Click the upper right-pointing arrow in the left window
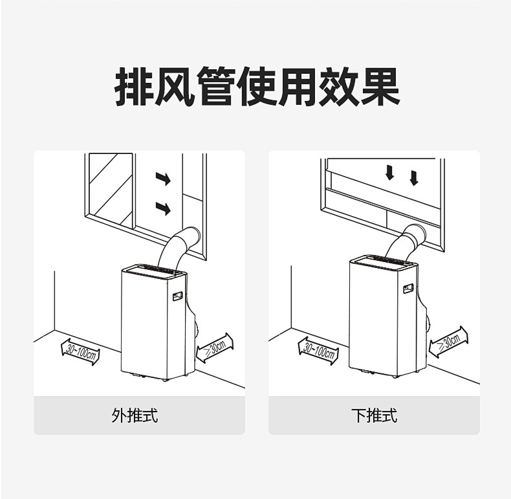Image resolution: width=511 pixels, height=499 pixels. click(163, 179)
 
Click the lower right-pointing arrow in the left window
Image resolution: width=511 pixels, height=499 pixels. click(163, 208)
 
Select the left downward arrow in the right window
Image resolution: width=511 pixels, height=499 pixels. click(389, 173)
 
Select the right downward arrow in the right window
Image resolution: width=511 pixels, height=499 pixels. click(414, 177)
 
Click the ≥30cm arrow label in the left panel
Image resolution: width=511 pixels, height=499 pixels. click(214, 348)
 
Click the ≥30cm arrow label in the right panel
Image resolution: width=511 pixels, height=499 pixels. click(448, 341)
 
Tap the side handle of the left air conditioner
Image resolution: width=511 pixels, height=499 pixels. click(177, 296)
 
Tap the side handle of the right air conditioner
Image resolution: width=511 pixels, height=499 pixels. click(408, 289)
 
